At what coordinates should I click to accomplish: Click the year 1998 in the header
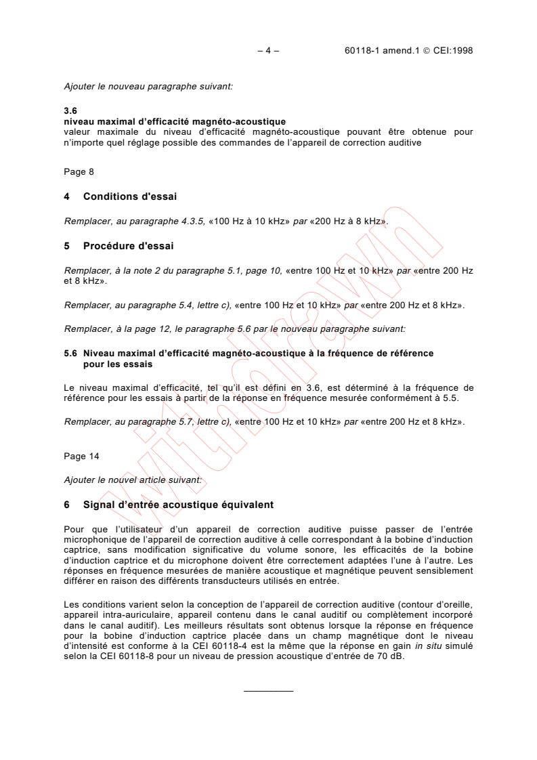pos(461,50)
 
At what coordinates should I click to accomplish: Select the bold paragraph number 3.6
pos(71,112)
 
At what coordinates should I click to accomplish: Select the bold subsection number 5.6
pos(71,354)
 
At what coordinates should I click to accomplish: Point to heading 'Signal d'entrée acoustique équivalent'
pos(178,505)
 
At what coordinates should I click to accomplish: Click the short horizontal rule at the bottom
pos(268,690)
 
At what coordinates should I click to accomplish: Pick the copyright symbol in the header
pos(411,50)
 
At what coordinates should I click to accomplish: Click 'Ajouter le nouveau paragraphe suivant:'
pos(148,87)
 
